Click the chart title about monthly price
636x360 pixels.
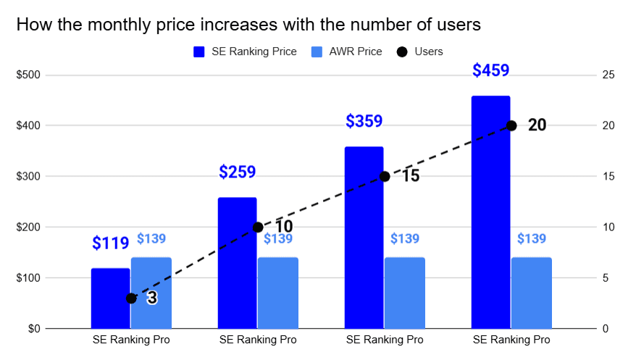tap(248, 25)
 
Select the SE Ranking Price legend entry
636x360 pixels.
tap(245, 51)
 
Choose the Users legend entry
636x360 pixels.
tap(420, 51)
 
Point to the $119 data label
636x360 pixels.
tap(110, 243)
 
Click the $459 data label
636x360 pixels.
tap(490, 70)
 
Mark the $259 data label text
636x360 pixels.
tap(237, 172)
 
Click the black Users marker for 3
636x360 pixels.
tap(131, 298)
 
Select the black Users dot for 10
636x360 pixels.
tap(258, 227)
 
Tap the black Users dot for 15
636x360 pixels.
tap(385, 176)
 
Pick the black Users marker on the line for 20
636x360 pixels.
tap(511, 125)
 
